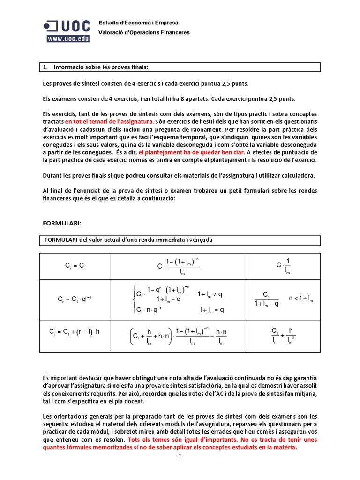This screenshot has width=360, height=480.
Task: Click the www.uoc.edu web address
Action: pyautogui.click(x=67, y=39)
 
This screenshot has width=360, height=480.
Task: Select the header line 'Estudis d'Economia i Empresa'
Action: pyautogui.click(x=138, y=22)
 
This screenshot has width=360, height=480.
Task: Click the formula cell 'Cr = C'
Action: pyautogui.click(x=74, y=266)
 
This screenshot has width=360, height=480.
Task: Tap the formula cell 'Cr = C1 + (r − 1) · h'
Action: pyautogui.click(x=75, y=332)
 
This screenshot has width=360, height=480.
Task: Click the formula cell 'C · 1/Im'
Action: pyautogui.click(x=284, y=266)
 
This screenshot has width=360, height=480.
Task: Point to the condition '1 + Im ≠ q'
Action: pyautogui.click(x=210, y=294)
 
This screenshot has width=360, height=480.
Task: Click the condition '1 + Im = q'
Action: pyautogui.click(x=211, y=309)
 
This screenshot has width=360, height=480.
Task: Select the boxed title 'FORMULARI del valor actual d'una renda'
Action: pyautogui.click(x=128, y=240)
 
